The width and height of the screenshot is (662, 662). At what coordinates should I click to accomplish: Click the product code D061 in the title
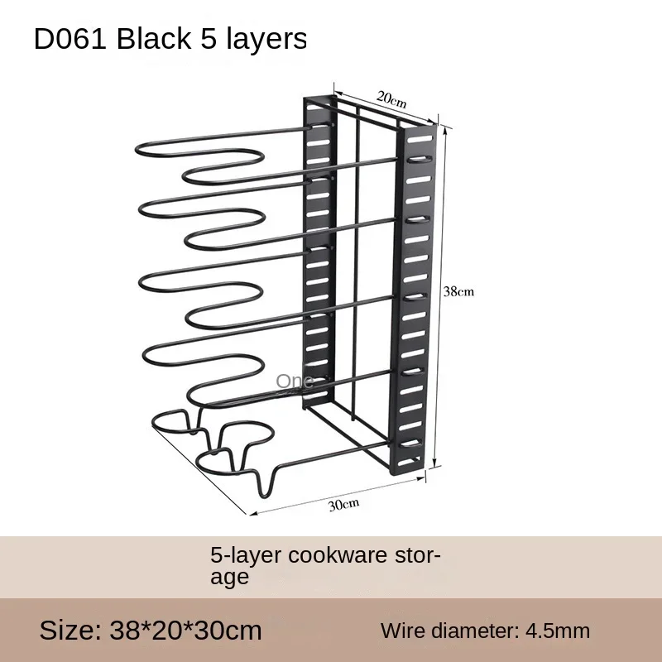(70, 39)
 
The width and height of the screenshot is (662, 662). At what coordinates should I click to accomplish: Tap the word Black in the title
(154, 38)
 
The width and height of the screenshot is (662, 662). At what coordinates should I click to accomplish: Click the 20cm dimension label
(391, 99)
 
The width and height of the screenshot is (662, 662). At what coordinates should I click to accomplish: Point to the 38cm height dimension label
(458, 291)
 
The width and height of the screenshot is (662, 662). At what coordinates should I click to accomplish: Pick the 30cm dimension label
(343, 504)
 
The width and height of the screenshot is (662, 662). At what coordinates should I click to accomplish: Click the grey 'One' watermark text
(295, 381)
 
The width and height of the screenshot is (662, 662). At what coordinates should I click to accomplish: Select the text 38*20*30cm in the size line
(185, 631)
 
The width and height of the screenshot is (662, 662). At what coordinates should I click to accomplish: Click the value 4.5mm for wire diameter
(557, 631)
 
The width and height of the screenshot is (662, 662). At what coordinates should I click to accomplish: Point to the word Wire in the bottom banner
(402, 631)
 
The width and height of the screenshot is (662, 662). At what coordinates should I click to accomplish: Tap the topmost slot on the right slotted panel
(420, 139)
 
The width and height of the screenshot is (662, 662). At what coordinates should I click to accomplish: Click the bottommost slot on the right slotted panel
(409, 462)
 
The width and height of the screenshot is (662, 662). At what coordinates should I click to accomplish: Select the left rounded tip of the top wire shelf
(137, 151)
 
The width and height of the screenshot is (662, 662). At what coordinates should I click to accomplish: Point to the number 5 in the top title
(209, 39)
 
